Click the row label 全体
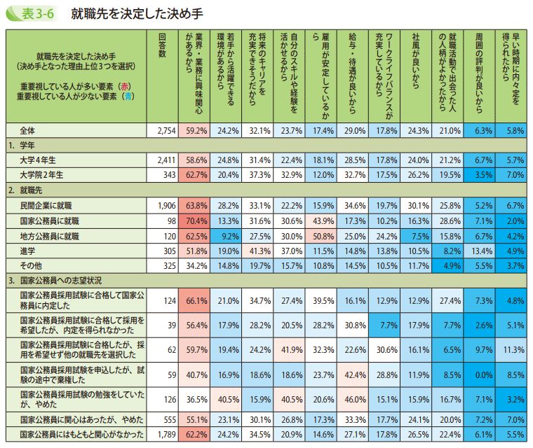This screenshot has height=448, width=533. tap(28, 131)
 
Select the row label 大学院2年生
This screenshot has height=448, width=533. tap(42, 174)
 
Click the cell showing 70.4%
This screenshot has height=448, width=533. tap(195, 220)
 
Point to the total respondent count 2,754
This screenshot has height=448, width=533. tap(168, 131)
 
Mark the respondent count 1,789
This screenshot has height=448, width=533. tap(168, 435)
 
